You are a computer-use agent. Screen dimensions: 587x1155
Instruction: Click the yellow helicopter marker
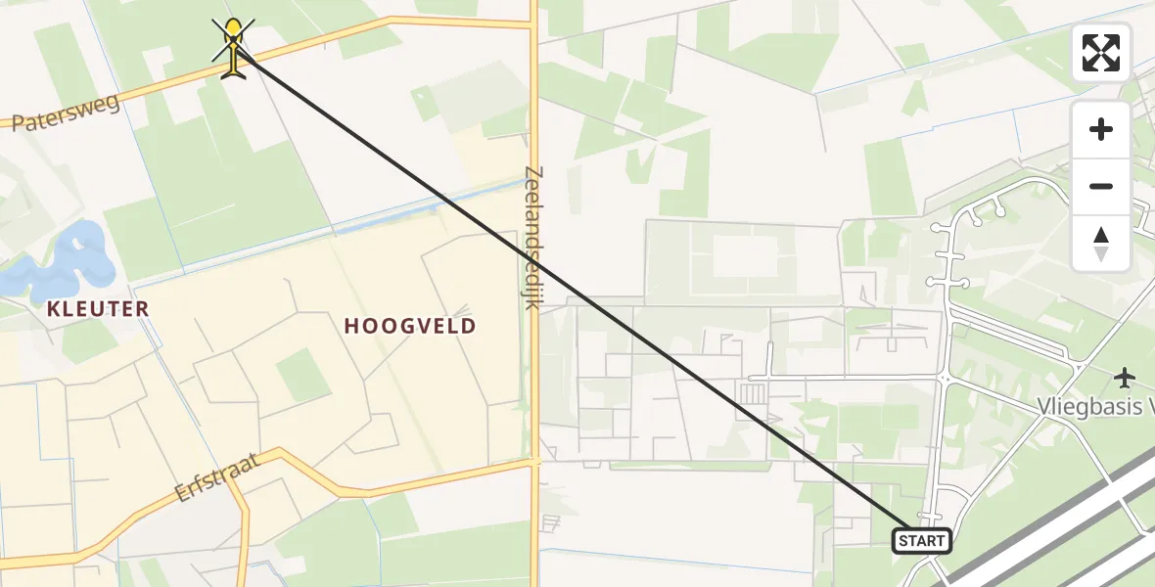233,46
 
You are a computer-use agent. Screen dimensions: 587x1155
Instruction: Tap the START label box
921,540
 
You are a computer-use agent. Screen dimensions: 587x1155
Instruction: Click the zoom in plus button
1101,130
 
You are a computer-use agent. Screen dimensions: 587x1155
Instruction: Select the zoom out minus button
1101,186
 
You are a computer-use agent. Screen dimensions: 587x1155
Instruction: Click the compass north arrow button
1101,243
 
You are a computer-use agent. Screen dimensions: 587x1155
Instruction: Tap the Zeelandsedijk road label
532,238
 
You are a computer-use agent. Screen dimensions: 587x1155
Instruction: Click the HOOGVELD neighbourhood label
410,326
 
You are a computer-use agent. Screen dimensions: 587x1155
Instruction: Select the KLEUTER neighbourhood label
98,309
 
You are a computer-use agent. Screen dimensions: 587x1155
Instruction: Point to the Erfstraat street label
218,476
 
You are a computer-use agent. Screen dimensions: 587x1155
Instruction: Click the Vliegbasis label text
1096,406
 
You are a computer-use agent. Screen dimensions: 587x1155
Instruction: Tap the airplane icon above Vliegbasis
1125,377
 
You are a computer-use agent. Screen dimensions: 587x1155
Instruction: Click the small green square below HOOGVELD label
302,375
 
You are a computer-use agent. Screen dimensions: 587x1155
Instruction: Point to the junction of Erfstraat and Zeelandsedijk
534,460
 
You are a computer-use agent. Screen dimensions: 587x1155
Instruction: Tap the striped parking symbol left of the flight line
753,393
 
